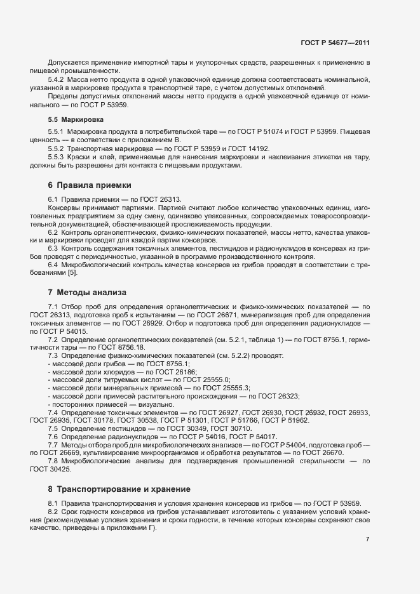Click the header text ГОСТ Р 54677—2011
point(335,43)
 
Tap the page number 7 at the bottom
point(368,539)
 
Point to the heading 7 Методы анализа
point(87,293)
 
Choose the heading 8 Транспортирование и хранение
point(119,489)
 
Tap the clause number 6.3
point(54,248)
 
